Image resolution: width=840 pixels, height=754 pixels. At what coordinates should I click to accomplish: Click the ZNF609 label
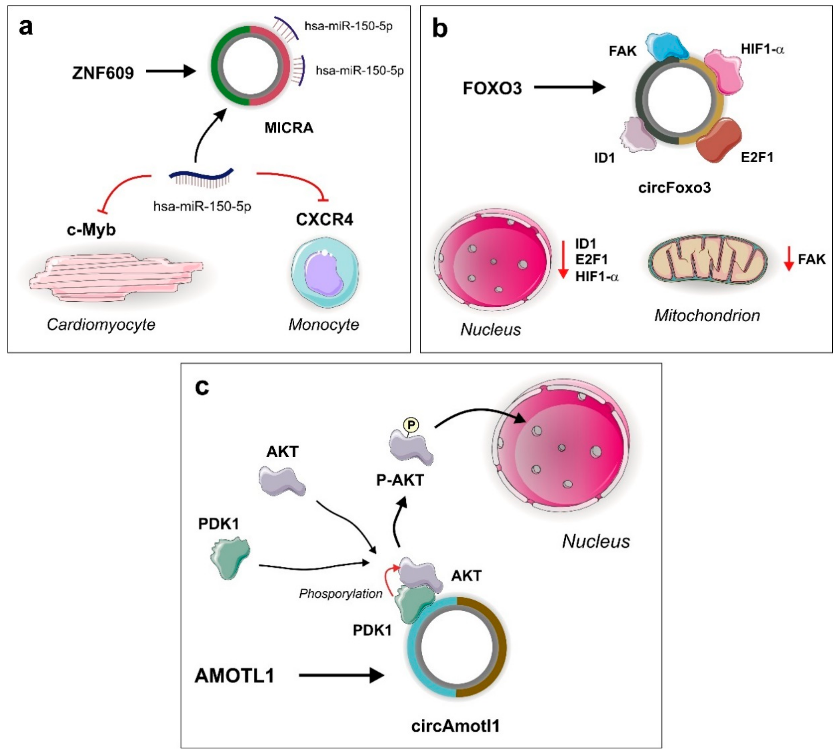[x=103, y=73]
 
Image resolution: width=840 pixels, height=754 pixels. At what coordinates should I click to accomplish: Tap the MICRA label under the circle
[x=289, y=127]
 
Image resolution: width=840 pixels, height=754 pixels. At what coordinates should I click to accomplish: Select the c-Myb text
[x=91, y=229]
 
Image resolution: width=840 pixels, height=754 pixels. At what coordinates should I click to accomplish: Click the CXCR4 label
[x=324, y=220]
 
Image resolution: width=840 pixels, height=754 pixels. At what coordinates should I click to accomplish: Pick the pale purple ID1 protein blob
[x=638, y=134]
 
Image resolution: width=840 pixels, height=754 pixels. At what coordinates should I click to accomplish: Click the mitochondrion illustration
[x=707, y=261]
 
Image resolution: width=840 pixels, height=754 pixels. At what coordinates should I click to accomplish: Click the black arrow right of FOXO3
[x=570, y=87]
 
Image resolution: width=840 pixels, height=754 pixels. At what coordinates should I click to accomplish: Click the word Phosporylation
[x=340, y=594]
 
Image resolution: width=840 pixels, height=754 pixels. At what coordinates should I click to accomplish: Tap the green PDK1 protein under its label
[x=230, y=558]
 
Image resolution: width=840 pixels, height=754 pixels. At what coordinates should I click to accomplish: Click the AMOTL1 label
[x=234, y=676]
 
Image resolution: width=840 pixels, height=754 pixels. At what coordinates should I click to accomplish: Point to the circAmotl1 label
[x=455, y=726]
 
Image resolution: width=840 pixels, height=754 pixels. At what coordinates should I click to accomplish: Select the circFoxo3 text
[x=674, y=188]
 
